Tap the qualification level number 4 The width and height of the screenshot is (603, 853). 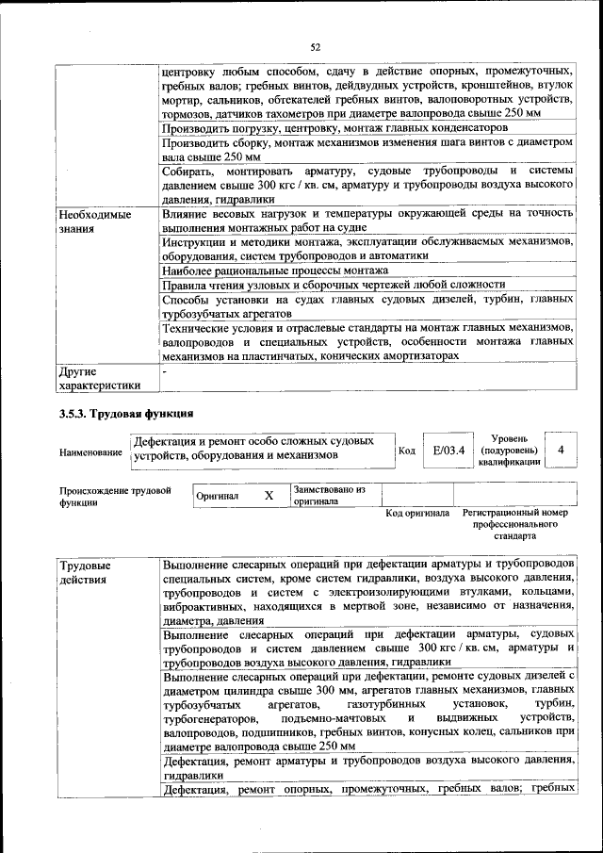pos(561,451)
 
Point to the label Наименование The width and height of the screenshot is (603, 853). pos(90,452)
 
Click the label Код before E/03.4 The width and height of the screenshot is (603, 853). pos(407,451)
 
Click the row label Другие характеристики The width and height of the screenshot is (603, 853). pos(98,378)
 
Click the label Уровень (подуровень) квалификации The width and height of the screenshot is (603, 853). pos(509,451)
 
